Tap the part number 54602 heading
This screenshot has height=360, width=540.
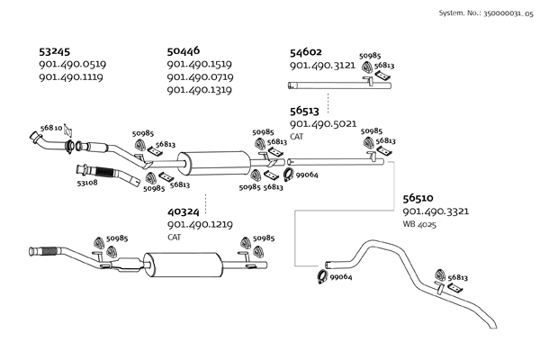pos(306,52)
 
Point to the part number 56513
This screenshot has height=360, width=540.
pos(306,112)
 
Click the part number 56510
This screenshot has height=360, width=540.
pos(418,198)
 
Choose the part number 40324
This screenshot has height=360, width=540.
pos(185,212)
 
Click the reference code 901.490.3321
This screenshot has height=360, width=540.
pos(436,211)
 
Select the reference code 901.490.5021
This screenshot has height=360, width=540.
pos(324,124)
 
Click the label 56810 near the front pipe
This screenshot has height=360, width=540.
pos(50,130)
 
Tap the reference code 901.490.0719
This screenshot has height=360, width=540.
pos(201,77)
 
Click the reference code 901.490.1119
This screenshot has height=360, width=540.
pos(72,77)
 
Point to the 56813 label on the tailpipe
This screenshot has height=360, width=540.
pos(458,278)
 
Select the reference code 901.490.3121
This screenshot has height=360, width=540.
pos(322,66)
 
